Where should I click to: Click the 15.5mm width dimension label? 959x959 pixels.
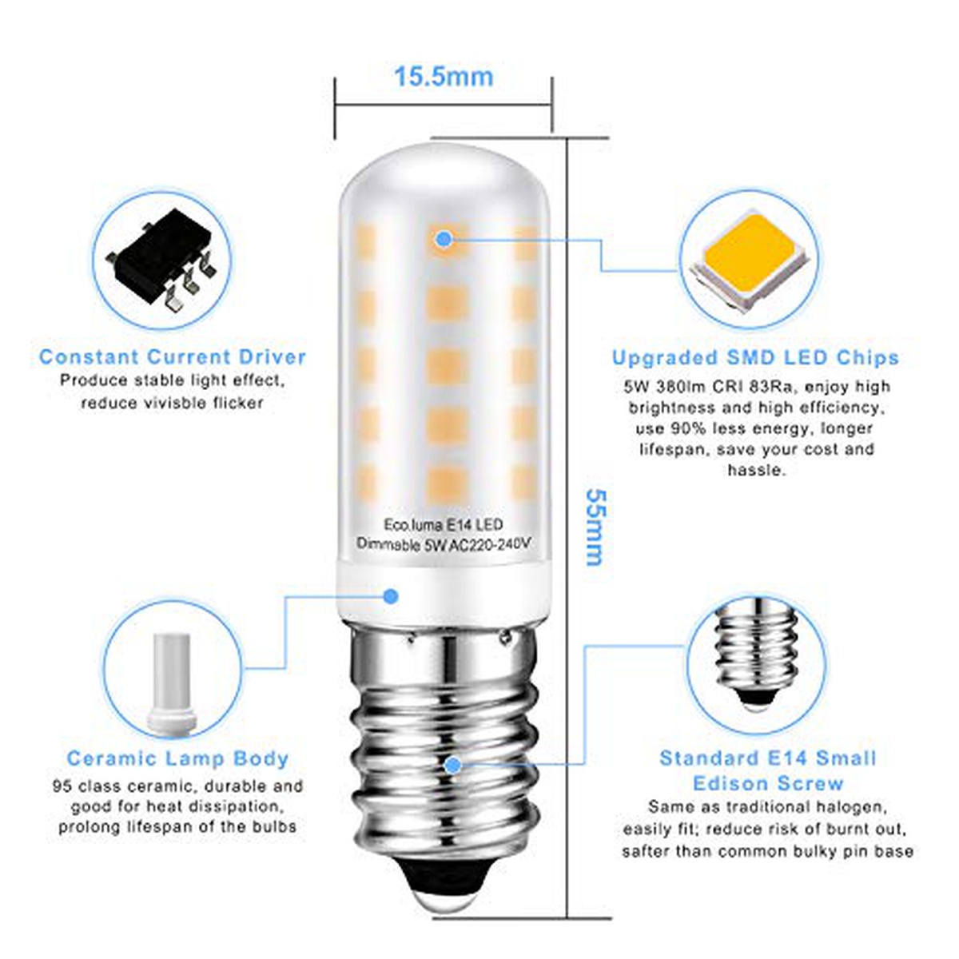[444, 78]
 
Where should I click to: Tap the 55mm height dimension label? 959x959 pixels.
[595, 527]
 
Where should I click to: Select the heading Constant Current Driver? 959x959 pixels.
[172, 356]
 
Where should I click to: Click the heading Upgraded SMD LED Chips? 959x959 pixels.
[755, 358]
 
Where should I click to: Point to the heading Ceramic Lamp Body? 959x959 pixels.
[177, 758]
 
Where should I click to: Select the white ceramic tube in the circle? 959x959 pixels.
[172, 684]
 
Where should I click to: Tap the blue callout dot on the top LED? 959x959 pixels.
[443, 240]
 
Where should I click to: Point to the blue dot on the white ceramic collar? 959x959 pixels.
[391, 595]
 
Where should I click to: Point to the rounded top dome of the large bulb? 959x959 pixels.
[444, 169]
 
